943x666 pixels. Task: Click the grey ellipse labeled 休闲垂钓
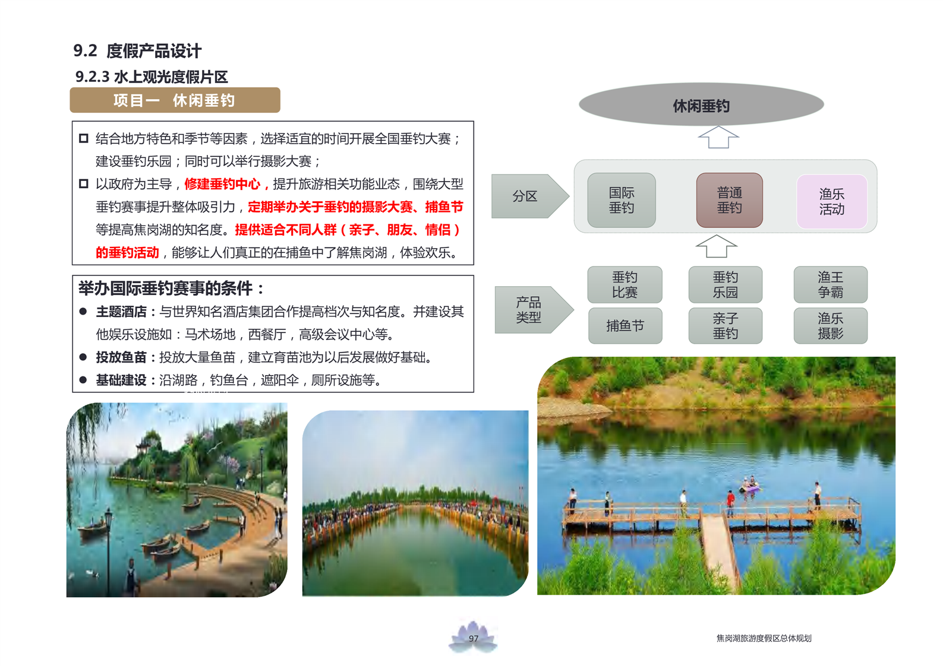pos(701,104)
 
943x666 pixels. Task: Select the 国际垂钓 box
pos(622,200)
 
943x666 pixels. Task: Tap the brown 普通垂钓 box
pos(730,200)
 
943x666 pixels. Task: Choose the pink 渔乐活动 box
pos(832,201)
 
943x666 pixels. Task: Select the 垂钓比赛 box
pos(625,285)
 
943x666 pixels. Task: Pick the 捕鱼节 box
pos(625,326)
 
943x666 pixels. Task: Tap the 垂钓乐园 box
pos(726,285)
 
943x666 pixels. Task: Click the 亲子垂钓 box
pos(726,326)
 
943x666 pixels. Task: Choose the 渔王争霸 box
pos(831,285)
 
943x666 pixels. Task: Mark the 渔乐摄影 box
pos(831,326)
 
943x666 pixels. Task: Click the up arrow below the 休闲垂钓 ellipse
pos(718,138)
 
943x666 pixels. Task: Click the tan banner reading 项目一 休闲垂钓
pos(175,100)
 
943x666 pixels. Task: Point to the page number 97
pos(474,638)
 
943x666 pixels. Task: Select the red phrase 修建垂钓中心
pos(222,184)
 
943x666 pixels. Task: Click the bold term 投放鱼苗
pos(121,357)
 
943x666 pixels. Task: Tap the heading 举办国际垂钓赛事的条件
pos(166,288)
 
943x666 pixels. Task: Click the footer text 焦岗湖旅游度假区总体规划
pos(764,638)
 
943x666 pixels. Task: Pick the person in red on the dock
pos(731,502)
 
